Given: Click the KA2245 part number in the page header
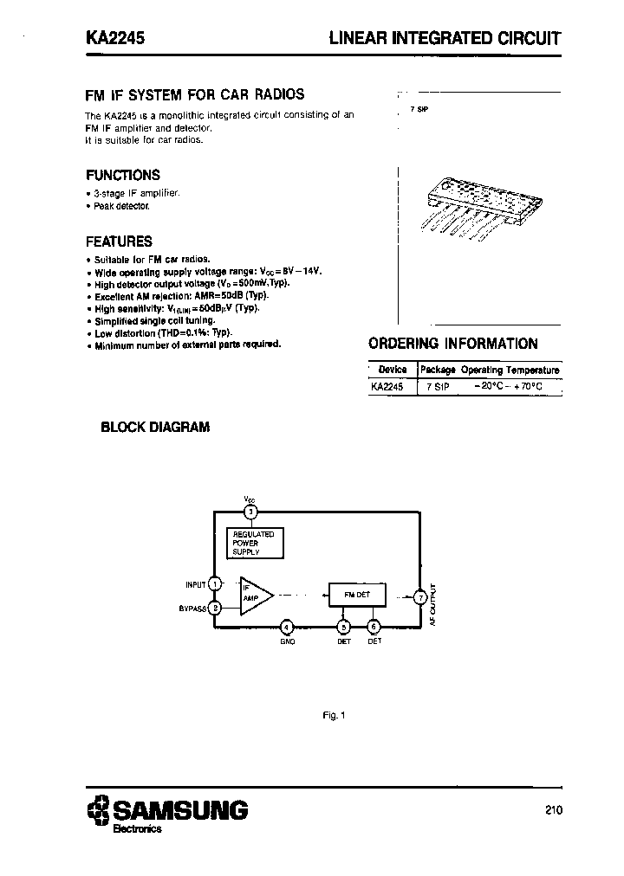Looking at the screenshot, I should click(x=114, y=39).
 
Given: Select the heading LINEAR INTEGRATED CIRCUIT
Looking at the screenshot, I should click(x=445, y=39).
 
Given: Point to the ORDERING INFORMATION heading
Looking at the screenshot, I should click(x=453, y=344).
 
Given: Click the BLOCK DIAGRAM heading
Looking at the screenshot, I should click(x=155, y=427).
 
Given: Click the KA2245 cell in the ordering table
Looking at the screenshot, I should click(x=388, y=388).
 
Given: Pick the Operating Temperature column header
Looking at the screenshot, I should click(x=510, y=370).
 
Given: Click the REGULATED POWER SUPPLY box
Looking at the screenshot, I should click(x=253, y=544).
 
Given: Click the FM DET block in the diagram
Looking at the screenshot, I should click(x=356, y=596).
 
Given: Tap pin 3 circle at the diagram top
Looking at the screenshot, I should click(x=250, y=512).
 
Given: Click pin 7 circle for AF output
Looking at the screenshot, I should click(x=419, y=596).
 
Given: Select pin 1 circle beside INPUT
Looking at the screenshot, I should click(x=215, y=584).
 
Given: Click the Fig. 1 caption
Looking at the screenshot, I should click(x=333, y=715).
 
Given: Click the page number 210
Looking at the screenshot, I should click(x=554, y=810).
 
